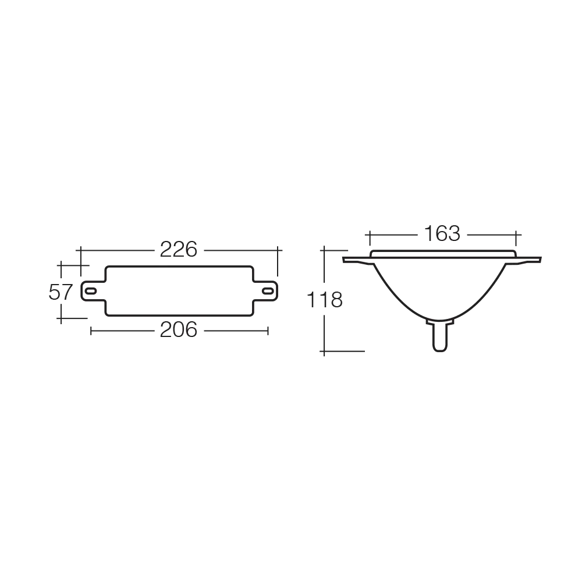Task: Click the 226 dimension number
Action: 179,250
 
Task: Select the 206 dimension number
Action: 179,330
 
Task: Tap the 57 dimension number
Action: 60,292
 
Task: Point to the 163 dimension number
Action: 442,234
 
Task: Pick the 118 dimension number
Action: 324,300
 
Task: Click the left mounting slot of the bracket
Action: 91,291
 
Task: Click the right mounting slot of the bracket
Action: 267,291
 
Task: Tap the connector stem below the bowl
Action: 440,336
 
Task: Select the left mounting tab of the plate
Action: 93,291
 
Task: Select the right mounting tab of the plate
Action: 265,291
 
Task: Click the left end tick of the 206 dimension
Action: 91,331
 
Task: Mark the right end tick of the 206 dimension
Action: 268,331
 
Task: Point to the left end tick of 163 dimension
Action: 370,238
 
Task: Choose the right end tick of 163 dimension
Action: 516,238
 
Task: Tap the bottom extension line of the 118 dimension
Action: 342,351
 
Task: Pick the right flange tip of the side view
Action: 540,260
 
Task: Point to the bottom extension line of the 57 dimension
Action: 72,318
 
